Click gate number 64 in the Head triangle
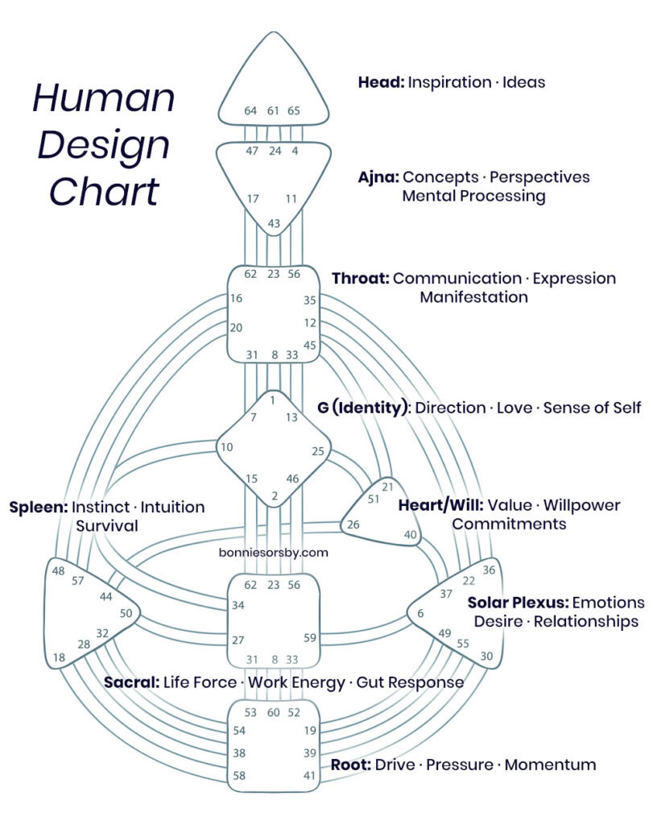pyautogui.click(x=251, y=111)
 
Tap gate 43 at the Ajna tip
pyautogui.click(x=274, y=223)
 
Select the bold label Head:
pyautogui.click(x=382, y=82)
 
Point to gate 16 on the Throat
pyautogui.click(x=237, y=299)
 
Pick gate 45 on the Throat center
pyautogui.click(x=310, y=346)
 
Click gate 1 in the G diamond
pyautogui.click(x=273, y=400)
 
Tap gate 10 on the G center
pyautogui.click(x=229, y=447)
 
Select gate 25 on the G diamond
pyautogui.click(x=318, y=451)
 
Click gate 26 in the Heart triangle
pyautogui.click(x=353, y=524)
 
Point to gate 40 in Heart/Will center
pyautogui.click(x=411, y=534)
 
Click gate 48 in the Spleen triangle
pyautogui.click(x=58, y=570)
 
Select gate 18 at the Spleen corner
pyautogui.click(x=60, y=657)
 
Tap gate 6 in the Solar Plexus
pyautogui.click(x=420, y=614)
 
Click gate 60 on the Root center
pyautogui.click(x=273, y=712)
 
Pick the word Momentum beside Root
pyautogui.click(x=550, y=764)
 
